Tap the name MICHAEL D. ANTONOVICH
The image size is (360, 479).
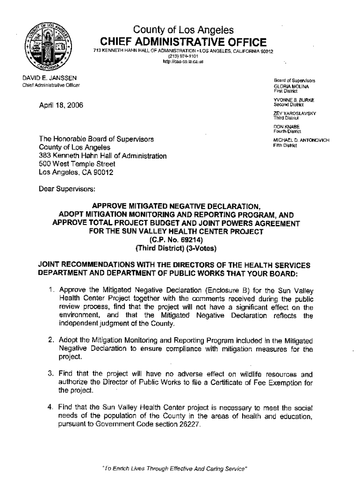302,140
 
